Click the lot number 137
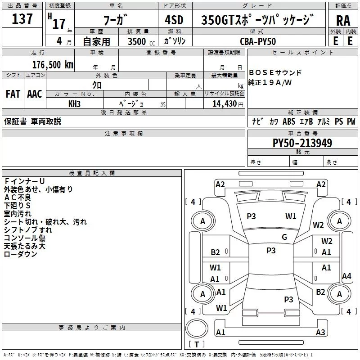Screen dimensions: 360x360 tap(22, 19)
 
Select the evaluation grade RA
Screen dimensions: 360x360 tap(343, 21)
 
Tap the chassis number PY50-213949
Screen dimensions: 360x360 tap(302, 143)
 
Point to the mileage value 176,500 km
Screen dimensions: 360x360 tap(53, 64)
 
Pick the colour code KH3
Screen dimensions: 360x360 tap(74, 103)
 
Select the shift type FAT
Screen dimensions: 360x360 tap(13, 94)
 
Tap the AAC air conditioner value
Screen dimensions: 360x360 tap(35, 94)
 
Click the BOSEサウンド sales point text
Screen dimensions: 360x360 tap(275, 72)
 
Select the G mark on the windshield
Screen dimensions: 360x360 tap(284, 237)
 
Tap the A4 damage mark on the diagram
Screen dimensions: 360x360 tap(346, 276)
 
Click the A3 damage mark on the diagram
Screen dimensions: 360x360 tap(320, 333)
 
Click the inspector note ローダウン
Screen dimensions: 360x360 tap(20, 254)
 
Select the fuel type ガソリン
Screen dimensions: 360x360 tap(177, 41)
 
